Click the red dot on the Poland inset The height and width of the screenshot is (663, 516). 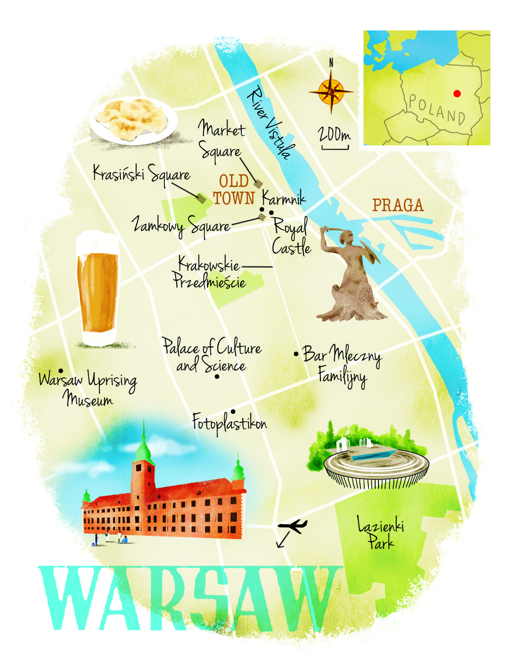[457, 93]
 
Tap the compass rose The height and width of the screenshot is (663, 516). [331, 91]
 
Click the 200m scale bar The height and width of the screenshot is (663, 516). [335, 147]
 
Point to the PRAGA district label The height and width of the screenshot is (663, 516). [398, 205]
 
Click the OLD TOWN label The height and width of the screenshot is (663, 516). [234, 189]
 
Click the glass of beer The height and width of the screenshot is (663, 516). [97, 288]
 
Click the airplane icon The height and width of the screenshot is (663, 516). [293, 525]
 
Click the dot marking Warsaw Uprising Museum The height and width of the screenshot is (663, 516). [61, 371]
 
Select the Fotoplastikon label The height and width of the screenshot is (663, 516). [230, 423]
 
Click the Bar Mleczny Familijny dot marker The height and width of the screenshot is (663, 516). [296, 354]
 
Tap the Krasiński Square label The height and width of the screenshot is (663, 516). [141, 174]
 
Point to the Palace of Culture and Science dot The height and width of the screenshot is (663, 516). [217, 376]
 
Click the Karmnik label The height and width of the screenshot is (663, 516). [284, 198]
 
